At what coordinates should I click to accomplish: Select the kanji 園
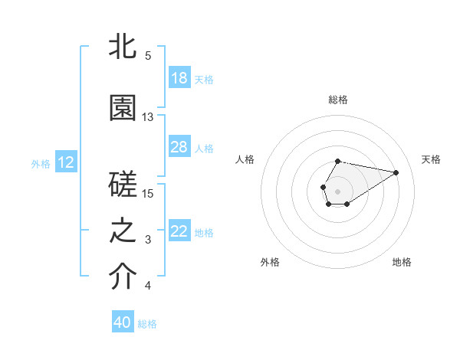coord(123,109)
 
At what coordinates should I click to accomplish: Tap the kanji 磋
coord(123,185)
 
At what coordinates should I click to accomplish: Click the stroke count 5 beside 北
coord(147,56)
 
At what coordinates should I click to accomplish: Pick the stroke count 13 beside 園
coord(148,117)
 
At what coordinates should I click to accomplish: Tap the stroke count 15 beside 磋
coord(148,193)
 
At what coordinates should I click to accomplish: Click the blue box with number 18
coord(179,78)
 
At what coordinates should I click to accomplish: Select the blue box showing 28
coord(179,147)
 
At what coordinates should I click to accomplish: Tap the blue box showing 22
coord(179,232)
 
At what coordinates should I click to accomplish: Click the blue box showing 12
coord(66,162)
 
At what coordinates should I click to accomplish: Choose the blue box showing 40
coord(123,322)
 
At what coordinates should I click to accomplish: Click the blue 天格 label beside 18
coord(204,80)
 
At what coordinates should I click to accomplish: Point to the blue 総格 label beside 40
coord(147,324)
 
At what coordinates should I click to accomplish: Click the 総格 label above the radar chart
coord(338,100)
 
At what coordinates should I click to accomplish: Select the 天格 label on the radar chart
coord(432,159)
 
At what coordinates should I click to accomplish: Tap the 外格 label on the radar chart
coord(270,262)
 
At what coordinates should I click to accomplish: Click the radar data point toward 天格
coord(396,172)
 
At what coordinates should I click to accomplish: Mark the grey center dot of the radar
coord(337,190)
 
